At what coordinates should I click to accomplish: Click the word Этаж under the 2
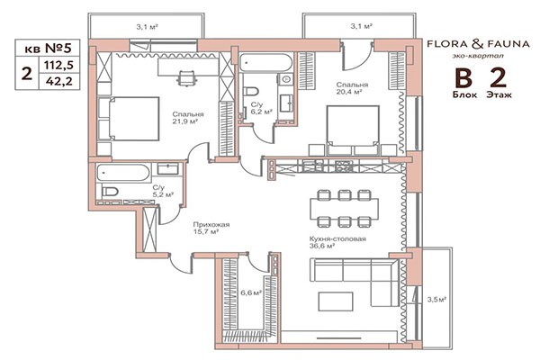pos(499,93)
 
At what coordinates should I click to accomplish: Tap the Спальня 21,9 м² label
pos(188,119)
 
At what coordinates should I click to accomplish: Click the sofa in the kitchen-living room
pos(346,274)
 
